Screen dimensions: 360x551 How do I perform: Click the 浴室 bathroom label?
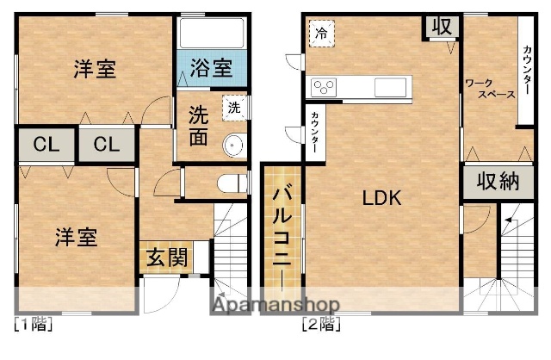tap(210, 65)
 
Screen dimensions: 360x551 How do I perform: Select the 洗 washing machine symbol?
tap(233, 107)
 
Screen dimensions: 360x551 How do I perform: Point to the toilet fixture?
tap(228, 183)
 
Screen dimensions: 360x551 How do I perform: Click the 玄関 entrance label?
tap(164, 257)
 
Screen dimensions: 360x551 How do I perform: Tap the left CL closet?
tap(42, 144)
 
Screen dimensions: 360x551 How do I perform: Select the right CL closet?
tap(107, 144)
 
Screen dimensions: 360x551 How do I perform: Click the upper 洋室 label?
tap(94, 69)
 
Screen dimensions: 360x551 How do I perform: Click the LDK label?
tap(381, 198)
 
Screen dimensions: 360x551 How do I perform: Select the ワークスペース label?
tap(490, 89)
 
